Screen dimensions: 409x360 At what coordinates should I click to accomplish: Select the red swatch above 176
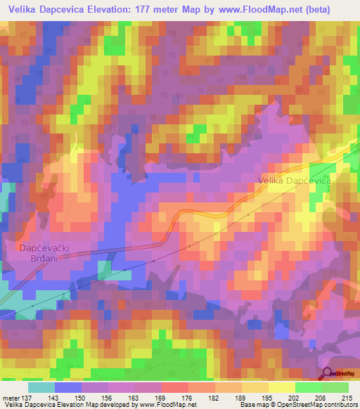pyautogui.click(x=174, y=387)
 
